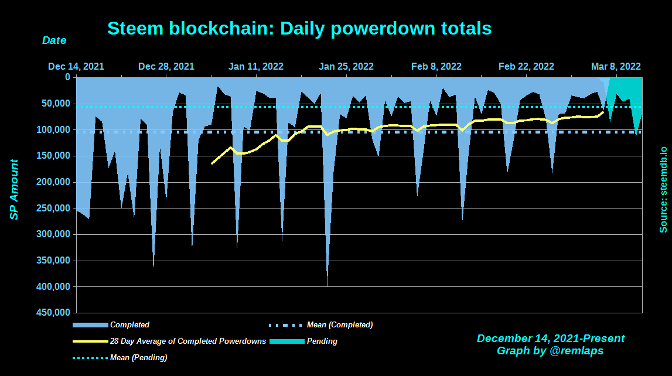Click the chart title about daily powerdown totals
pos(299,28)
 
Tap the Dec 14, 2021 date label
pos(76,66)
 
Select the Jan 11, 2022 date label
pos(256,66)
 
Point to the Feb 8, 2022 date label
pos(436,66)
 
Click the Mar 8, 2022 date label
pos(616,66)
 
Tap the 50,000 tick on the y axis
pos(57,104)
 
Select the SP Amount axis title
pos(14,190)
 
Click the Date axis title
pos(54,41)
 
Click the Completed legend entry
pos(129,324)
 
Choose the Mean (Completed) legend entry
pos(339,324)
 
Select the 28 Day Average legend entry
pos(187,341)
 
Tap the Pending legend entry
pos(322,341)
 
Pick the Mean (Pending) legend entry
pos(138,357)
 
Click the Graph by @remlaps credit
pos(550,351)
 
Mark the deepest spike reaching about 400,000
pos(327,285)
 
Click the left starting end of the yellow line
pos(212,163)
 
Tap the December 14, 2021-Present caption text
pos(550,339)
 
